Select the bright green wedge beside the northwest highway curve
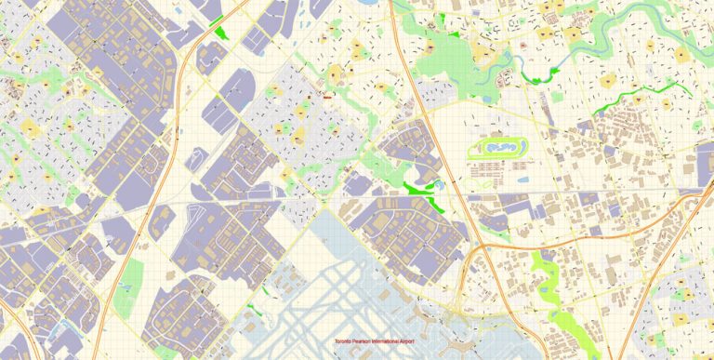pos(221,33)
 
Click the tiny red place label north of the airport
pos(327,94)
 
